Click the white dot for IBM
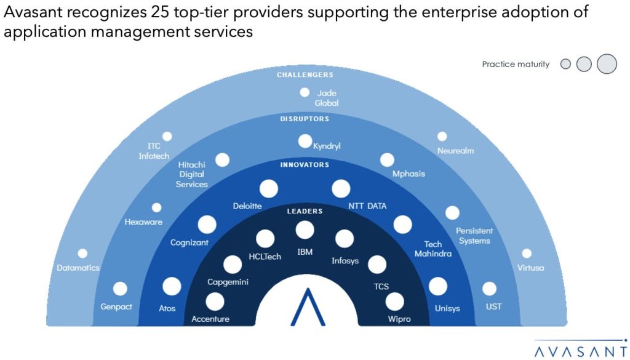tap(305, 230)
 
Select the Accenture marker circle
tap(215, 302)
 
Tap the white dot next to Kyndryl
tap(305, 141)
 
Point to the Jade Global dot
tap(305, 92)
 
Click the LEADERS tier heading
tap(305, 211)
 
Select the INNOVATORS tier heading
tap(305, 165)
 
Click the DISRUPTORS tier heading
tap(305, 119)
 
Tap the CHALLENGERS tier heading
tap(305, 74)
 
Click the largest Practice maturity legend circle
tap(607, 64)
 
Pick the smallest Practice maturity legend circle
tap(565, 64)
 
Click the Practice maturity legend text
tap(516, 64)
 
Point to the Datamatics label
tap(78, 268)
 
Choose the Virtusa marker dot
tap(527, 254)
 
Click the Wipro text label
tap(399, 319)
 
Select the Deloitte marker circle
tap(269, 188)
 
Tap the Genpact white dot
tap(120, 289)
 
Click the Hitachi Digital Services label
tap(192, 174)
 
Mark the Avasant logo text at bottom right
tap(581, 351)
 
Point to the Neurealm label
tap(456, 151)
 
